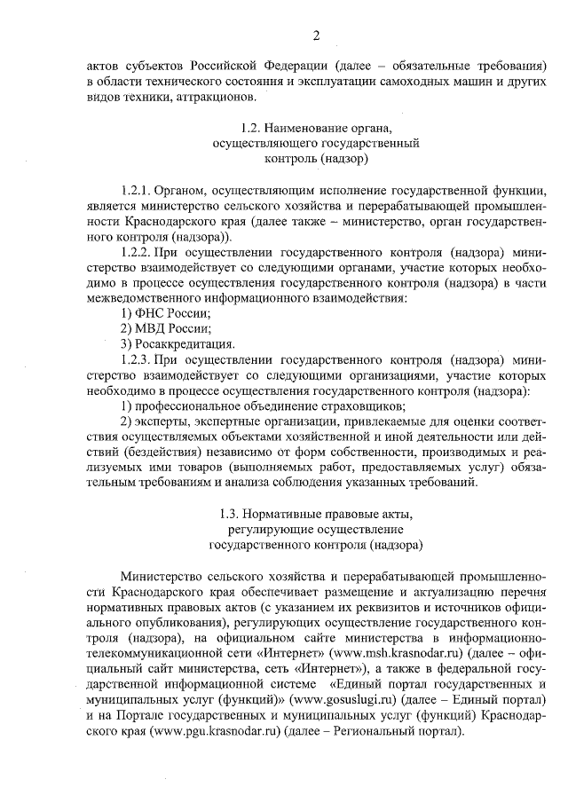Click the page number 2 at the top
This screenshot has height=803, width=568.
(x=315, y=35)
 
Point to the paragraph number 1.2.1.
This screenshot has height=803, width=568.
(x=138, y=191)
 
